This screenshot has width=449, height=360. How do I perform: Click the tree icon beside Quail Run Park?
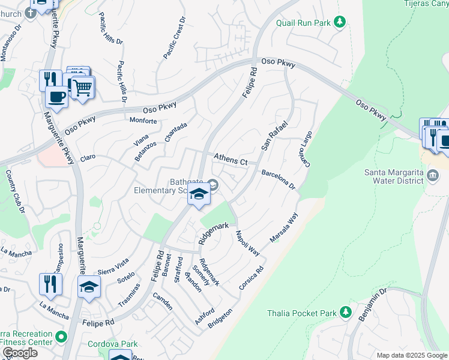point(340,23)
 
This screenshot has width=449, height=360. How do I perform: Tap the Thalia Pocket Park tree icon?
point(345,312)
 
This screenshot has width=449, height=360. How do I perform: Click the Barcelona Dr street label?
point(278,179)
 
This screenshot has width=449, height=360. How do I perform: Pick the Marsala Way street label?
point(284,229)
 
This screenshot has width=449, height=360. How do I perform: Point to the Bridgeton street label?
point(220,319)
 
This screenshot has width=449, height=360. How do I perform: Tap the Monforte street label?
point(143,121)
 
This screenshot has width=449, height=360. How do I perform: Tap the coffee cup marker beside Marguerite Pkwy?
point(57,97)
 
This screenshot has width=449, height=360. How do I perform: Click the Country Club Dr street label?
point(15,192)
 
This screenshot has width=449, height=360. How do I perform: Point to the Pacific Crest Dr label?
point(175,38)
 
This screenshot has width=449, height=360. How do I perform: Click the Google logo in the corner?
point(20,353)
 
